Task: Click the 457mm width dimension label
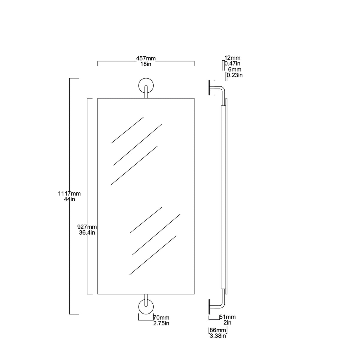[146, 58]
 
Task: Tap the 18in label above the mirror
[146, 64]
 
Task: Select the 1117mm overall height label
[69, 193]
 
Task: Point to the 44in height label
[69, 199]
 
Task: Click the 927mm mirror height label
[87, 227]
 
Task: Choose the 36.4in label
[87, 233]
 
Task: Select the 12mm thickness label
[232, 58]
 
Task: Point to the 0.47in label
[232, 64]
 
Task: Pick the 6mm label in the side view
[235, 70]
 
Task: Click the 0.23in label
[235, 75]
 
